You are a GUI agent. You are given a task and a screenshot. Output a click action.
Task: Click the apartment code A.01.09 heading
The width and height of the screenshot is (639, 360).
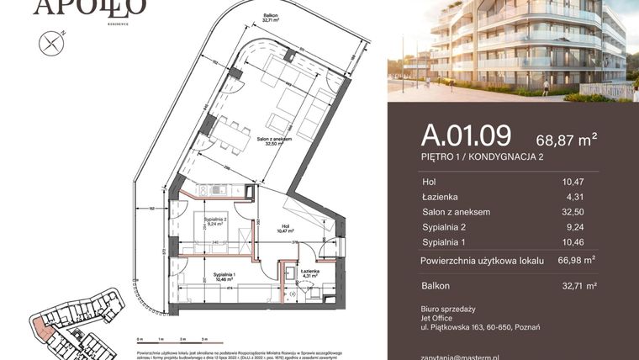(466, 135)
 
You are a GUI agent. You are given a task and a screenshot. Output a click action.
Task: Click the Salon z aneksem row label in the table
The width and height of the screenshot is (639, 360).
(456, 212)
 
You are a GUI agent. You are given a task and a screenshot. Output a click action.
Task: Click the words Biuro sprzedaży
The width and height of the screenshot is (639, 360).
(448, 309)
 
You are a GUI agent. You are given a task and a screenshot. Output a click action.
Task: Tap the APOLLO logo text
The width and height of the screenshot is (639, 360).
(90, 8)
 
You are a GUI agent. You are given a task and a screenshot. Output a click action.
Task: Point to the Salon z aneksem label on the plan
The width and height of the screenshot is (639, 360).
(276, 138)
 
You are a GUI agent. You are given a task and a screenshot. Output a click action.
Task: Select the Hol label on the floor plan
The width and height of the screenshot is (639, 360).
(283, 225)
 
